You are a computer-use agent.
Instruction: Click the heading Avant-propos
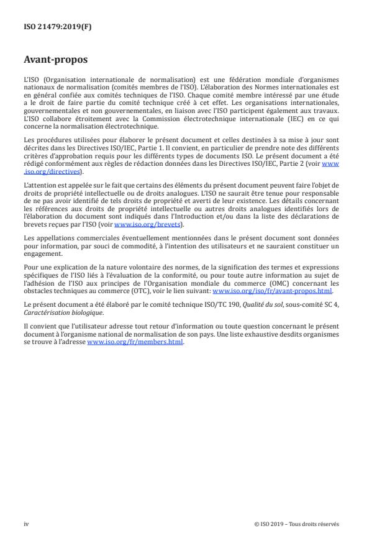56,61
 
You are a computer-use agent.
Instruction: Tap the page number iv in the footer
27,524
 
